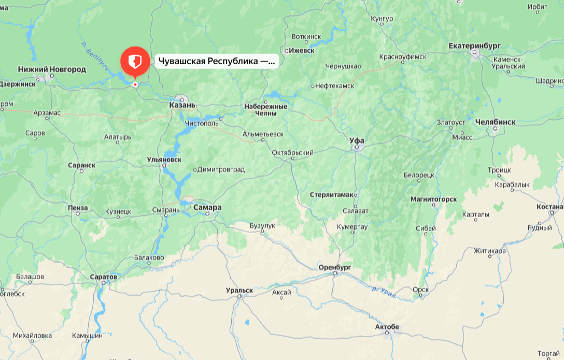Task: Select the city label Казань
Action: pyautogui.click(x=182, y=105)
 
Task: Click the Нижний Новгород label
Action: pyautogui.click(x=52, y=69)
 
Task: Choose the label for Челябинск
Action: pyautogui.click(x=496, y=122)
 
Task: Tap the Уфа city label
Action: pyautogui.click(x=357, y=141)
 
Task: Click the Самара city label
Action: pyautogui.click(x=207, y=208)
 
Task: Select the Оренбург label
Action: pyautogui.click(x=335, y=267)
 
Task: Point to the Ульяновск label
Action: pyautogui.click(x=164, y=160)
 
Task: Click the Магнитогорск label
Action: pyautogui.click(x=433, y=199)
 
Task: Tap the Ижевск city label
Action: pyautogui.click(x=302, y=51)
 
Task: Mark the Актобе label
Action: pyautogui.click(x=387, y=327)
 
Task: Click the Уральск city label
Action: pyautogui.click(x=239, y=291)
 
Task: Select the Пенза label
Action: pyautogui.click(x=78, y=208)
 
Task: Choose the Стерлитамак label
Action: pyautogui.click(x=331, y=195)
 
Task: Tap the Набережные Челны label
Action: pyautogui.click(x=265, y=110)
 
